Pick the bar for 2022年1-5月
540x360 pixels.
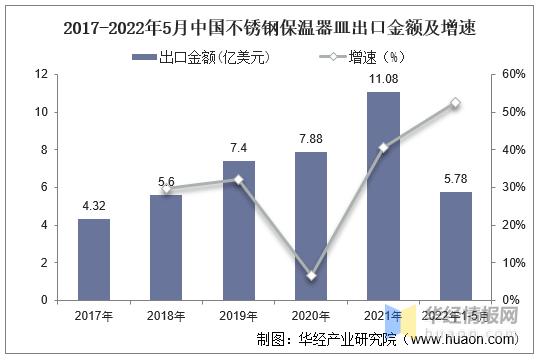[455, 246]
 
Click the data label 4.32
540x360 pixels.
[94, 207]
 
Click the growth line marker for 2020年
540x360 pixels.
[312, 275]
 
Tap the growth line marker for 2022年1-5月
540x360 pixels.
[455, 103]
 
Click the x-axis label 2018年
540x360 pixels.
[165, 316]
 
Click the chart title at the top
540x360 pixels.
[270, 29]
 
